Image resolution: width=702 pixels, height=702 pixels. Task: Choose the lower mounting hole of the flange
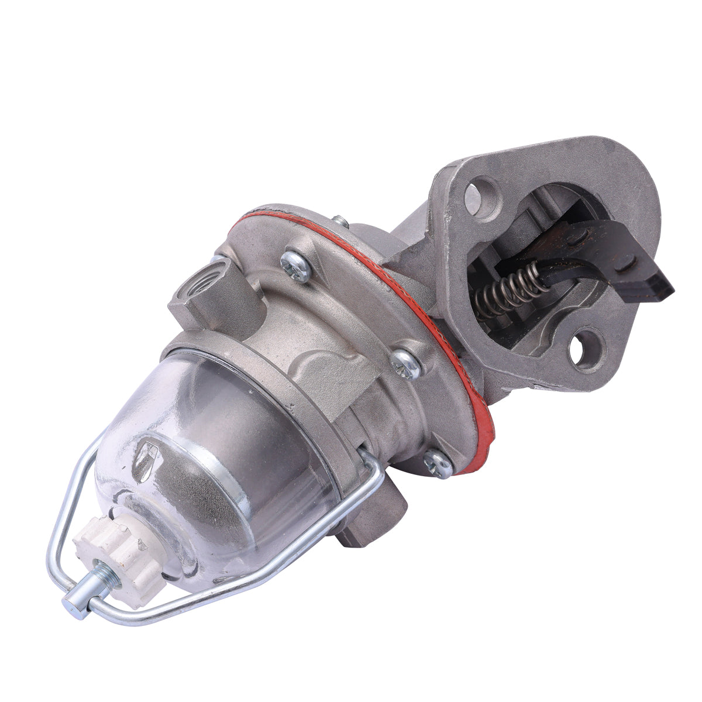tap(584, 349)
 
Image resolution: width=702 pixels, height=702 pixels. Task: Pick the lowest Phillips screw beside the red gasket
tap(439, 464)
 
